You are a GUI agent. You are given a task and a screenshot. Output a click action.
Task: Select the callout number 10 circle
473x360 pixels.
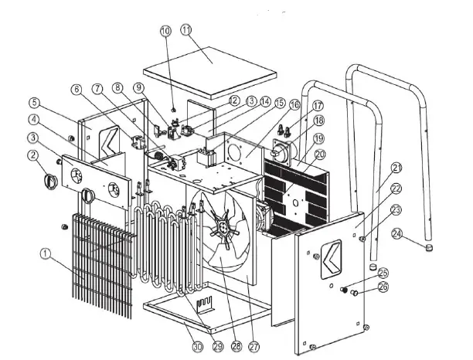coord(165,32)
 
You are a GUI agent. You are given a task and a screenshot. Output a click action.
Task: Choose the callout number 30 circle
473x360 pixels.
coord(197,348)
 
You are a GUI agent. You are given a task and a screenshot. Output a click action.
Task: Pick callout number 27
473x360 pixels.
coord(252,348)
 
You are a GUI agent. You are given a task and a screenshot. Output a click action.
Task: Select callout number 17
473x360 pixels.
coord(317,105)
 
